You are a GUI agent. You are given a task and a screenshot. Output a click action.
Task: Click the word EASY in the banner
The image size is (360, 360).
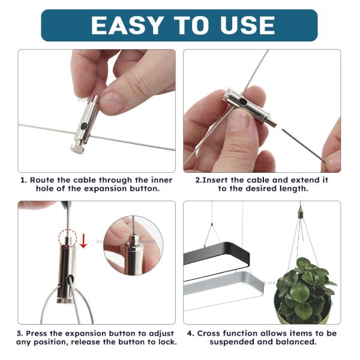coord(127,25)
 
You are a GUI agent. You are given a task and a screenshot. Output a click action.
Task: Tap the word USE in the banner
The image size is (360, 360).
coord(248,25)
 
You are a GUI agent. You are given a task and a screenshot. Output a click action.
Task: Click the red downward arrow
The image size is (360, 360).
coord(83,241)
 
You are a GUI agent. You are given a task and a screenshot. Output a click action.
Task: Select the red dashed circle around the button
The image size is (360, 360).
coord(67,238)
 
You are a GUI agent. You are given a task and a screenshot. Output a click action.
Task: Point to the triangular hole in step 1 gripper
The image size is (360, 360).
coord(84,125)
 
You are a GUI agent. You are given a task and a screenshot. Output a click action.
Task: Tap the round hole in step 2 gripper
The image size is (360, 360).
coord(242,101)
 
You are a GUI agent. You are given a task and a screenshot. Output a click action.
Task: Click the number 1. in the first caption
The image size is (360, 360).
coord(24,180)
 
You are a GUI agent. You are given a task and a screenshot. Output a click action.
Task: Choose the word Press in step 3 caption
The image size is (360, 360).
coord(37,333)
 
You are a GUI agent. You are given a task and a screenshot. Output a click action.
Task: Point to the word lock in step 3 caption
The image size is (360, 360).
coord(167,342)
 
